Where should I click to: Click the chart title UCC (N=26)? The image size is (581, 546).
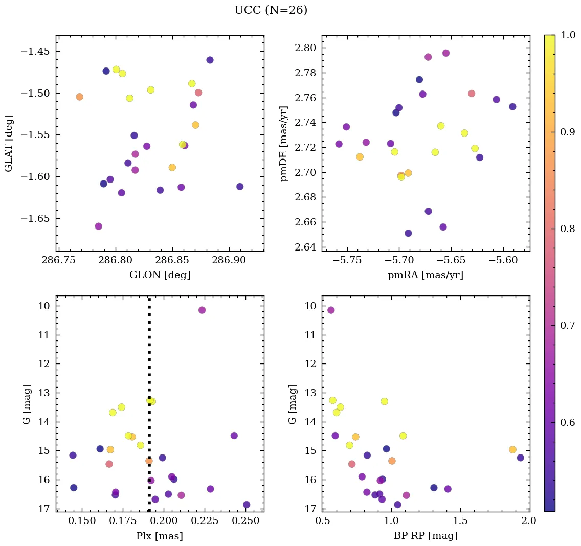click(x=271, y=10)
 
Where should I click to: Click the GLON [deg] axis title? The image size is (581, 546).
click(x=160, y=275)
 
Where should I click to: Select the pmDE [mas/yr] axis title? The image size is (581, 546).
click(x=284, y=144)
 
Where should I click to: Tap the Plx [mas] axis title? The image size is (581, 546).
click(x=160, y=536)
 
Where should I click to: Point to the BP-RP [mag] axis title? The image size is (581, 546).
click(x=426, y=536)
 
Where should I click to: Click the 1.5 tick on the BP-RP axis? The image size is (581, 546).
click(x=460, y=521)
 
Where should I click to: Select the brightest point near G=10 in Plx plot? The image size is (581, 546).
click(x=202, y=310)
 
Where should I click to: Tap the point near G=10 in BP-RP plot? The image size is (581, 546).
click(x=331, y=310)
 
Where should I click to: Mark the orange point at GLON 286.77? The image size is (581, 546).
click(x=79, y=97)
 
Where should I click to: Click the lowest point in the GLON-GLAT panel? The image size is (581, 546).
click(x=99, y=226)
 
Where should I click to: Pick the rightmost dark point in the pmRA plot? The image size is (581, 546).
click(x=512, y=107)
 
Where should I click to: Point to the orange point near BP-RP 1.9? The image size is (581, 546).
click(x=512, y=450)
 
